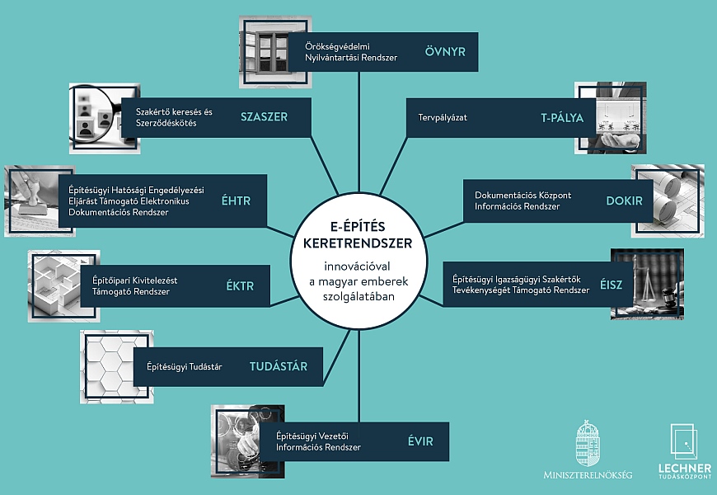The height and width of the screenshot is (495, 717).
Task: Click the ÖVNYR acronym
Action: (x=445, y=51)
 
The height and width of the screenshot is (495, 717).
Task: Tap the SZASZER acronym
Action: (x=265, y=117)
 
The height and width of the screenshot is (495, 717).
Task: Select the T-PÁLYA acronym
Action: (x=562, y=117)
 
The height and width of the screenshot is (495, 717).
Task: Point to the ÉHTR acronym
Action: (x=236, y=200)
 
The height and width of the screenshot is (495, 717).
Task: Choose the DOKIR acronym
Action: (x=624, y=200)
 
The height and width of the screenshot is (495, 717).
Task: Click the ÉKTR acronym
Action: (x=240, y=285)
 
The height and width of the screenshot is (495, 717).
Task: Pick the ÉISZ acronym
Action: (x=612, y=285)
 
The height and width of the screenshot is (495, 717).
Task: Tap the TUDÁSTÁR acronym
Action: (x=279, y=365)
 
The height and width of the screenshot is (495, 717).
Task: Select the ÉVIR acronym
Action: (x=420, y=441)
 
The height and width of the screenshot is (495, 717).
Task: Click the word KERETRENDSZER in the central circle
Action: (x=358, y=243)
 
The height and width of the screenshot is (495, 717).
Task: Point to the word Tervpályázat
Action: (x=443, y=118)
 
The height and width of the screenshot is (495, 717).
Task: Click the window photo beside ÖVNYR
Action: (x=275, y=52)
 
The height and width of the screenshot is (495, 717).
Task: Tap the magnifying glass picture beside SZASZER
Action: (x=105, y=118)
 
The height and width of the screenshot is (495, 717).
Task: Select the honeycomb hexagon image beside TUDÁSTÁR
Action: (x=116, y=367)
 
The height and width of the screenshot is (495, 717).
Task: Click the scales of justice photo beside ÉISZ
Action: (x=647, y=284)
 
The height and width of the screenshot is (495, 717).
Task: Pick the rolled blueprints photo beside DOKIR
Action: (x=668, y=201)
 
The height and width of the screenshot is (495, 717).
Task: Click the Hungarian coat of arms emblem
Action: (x=588, y=443)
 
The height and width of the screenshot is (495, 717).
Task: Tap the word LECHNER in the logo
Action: (x=685, y=469)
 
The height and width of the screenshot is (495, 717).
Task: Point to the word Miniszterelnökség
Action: (x=588, y=475)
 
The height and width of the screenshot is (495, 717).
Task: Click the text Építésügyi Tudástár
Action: (x=185, y=367)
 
